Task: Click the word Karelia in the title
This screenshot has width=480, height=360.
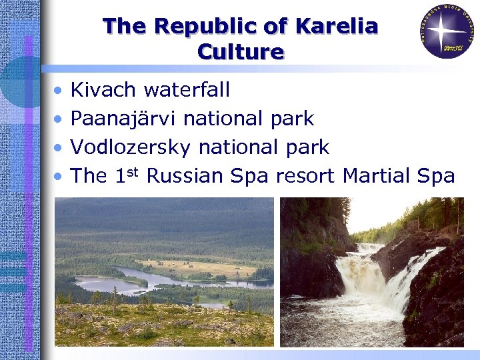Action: pos(337,27)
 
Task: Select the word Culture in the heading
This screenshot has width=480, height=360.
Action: pos(241,52)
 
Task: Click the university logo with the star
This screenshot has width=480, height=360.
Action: pos(447,31)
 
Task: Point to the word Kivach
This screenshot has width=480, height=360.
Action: pos(103,89)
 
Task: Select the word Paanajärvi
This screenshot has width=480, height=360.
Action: pos(124,119)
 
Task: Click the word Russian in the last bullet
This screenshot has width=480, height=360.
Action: pos(185,176)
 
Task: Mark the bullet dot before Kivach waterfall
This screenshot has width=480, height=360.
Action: pos(60,90)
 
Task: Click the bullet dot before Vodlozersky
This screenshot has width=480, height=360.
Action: pos(60,148)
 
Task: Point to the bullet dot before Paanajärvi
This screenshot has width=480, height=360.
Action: pos(60,119)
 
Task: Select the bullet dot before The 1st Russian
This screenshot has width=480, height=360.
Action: pos(60,177)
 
